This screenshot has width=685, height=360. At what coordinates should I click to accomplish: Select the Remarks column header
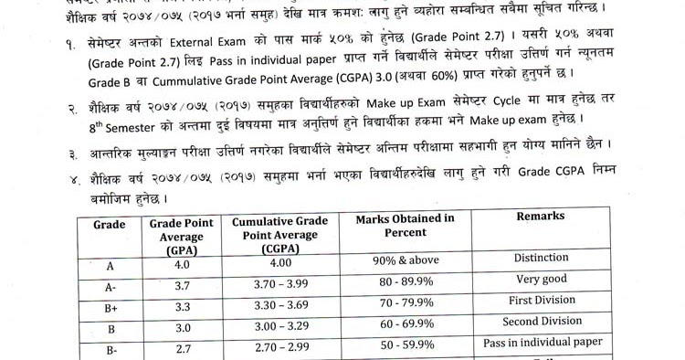tap(541, 217)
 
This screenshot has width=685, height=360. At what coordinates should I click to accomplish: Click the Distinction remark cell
tap(541, 259)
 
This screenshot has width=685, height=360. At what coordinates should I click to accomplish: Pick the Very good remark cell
tap(541, 280)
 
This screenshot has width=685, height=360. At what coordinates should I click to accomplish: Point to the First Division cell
tap(541, 301)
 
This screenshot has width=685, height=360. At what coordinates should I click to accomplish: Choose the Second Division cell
tap(541, 322)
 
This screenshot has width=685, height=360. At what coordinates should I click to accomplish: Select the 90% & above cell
tap(406, 259)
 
